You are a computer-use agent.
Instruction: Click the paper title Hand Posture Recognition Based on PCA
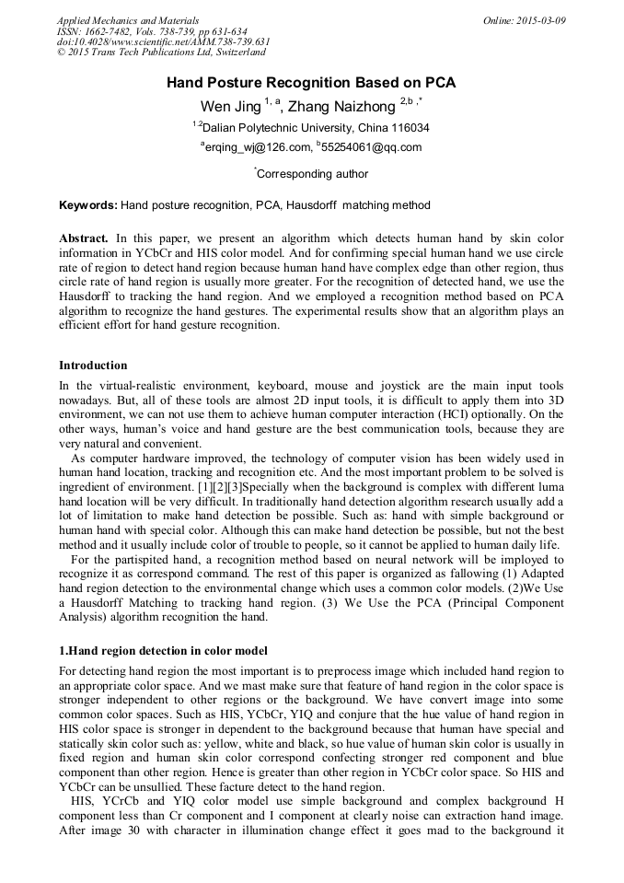coord(311,83)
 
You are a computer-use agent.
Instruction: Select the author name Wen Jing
coord(231,107)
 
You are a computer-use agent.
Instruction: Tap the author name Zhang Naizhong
coord(341,107)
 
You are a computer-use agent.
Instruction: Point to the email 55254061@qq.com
coord(371,147)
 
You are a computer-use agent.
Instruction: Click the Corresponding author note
coord(312,174)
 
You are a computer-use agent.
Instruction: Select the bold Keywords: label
coord(87,205)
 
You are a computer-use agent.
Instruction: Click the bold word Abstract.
coord(84,238)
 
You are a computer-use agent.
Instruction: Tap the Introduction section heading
coord(93,366)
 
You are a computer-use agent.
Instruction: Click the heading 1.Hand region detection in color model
coord(163,650)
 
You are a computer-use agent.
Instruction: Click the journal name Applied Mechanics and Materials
coord(128,20)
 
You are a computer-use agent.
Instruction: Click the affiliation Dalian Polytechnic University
coord(311,128)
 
